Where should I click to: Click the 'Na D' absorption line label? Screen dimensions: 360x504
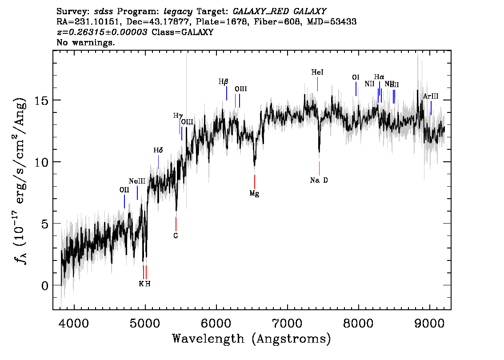pyautogui.click(x=319, y=180)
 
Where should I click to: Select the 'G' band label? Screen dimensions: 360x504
pyautogui.click(x=176, y=236)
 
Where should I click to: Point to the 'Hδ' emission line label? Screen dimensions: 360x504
pyautogui.click(x=158, y=151)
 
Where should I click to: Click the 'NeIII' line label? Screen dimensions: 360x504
pyautogui.click(x=137, y=181)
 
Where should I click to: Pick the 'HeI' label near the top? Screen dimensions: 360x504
pyautogui.click(x=317, y=72)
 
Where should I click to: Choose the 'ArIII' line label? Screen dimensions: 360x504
pyautogui.click(x=431, y=96)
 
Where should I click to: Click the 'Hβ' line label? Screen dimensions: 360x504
pyautogui.click(x=223, y=82)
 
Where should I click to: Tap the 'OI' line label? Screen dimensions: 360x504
pyautogui.click(x=356, y=78)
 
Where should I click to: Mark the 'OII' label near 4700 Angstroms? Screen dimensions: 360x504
pyautogui.click(x=124, y=190)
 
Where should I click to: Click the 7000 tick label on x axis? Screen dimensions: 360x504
pyautogui.click(x=287, y=321)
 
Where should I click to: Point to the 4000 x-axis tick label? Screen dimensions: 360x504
pyautogui.click(x=74, y=321)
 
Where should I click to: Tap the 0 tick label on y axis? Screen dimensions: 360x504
pyautogui.click(x=45, y=285)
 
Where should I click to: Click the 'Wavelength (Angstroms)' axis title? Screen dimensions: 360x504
pyautogui.click(x=252, y=339)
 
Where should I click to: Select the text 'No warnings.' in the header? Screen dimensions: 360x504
pyautogui.click(x=86, y=43)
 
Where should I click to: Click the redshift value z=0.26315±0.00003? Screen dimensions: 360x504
pyautogui.click(x=103, y=32)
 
